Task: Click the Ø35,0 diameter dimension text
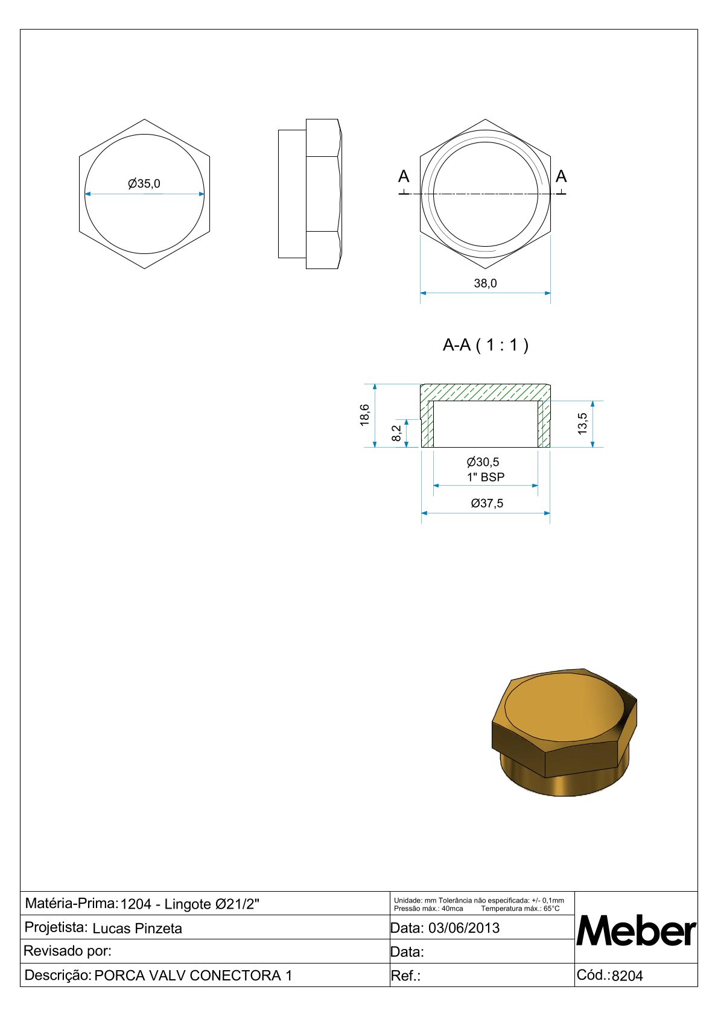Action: click(x=144, y=183)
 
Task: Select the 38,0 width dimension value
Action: click(x=485, y=284)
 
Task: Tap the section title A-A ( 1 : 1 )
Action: click(x=486, y=345)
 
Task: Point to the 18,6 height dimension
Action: click(x=364, y=415)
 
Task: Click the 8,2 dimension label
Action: click(x=396, y=433)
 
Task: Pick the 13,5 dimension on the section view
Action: click(x=582, y=424)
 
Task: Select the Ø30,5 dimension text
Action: click(x=483, y=462)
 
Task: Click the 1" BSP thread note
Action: click(x=486, y=477)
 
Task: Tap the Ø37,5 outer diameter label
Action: click(x=487, y=503)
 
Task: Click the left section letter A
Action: click(x=404, y=176)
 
